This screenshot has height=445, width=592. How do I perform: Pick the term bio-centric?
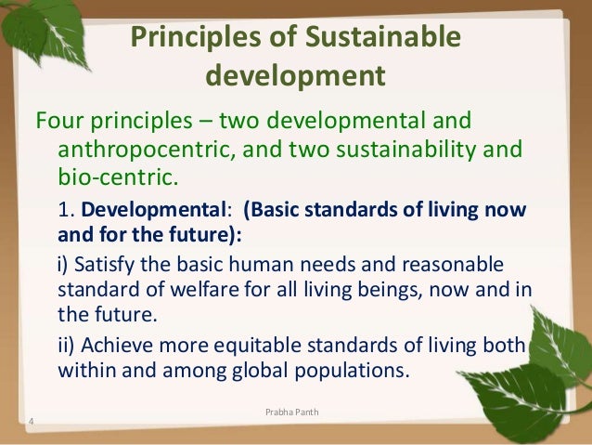[x=110, y=176]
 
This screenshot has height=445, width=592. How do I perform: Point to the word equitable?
[x=250, y=346]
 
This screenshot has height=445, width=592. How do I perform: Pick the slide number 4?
[x=32, y=425]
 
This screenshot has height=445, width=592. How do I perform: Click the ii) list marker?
[x=66, y=346]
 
